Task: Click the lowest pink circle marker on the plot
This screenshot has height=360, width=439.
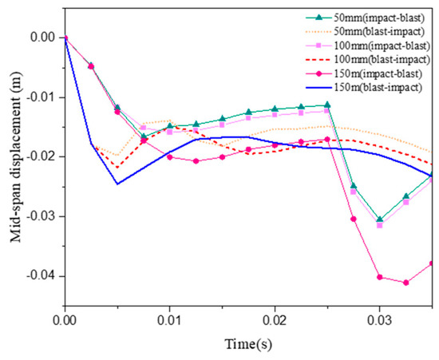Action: tap(406, 283)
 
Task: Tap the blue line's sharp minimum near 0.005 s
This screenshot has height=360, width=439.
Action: tap(117, 184)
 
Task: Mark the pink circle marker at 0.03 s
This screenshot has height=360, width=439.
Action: tap(380, 277)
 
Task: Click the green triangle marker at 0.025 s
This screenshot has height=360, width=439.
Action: tap(327, 105)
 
